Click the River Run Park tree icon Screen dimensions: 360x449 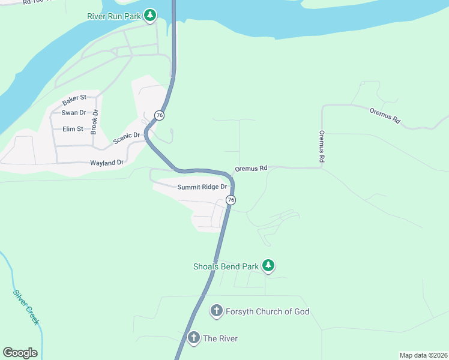(x=150, y=14)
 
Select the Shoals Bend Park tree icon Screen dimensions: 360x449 (x=269, y=265)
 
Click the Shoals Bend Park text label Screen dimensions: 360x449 (x=225, y=266)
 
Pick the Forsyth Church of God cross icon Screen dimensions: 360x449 (x=216, y=311)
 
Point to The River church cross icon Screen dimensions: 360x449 (x=193, y=338)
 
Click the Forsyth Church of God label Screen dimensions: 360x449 (x=267, y=311)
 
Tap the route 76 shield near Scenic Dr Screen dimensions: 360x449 (x=158, y=115)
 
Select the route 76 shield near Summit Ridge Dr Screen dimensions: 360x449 (x=231, y=200)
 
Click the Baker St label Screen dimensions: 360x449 (x=74, y=97)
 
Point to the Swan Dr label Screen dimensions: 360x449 (x=74, y=113)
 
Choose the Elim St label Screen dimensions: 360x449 (x=73, y=128)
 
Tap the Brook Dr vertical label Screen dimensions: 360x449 (x=94, y=122)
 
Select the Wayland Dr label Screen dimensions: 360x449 (x=106, y=163)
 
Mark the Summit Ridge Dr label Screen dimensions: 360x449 (x=202, y=187)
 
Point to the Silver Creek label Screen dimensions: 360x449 (x=26, y=307)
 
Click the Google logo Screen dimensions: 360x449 (x=20, y=353)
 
